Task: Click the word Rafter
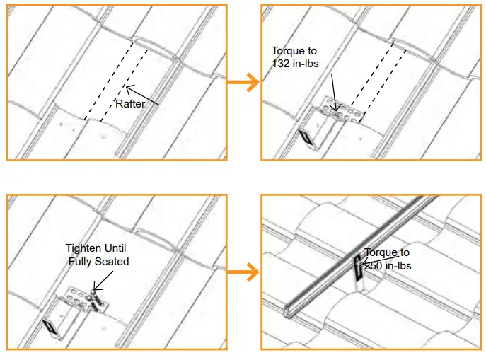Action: click(x=130, y=104)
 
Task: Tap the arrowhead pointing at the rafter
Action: click(x=128, y=88)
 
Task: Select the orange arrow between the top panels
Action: click(x=243, y=83)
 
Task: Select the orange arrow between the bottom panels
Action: click(x=243, y=272)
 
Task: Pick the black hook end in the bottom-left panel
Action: click(x=50, y=327)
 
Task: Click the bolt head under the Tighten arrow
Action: click(x=93, y=291)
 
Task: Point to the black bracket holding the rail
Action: click(x=358, y=268)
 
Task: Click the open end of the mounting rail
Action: click(x=288, y=312)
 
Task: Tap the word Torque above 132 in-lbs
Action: click(x=294, y=51)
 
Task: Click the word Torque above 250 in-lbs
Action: click(x=387, y=252)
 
